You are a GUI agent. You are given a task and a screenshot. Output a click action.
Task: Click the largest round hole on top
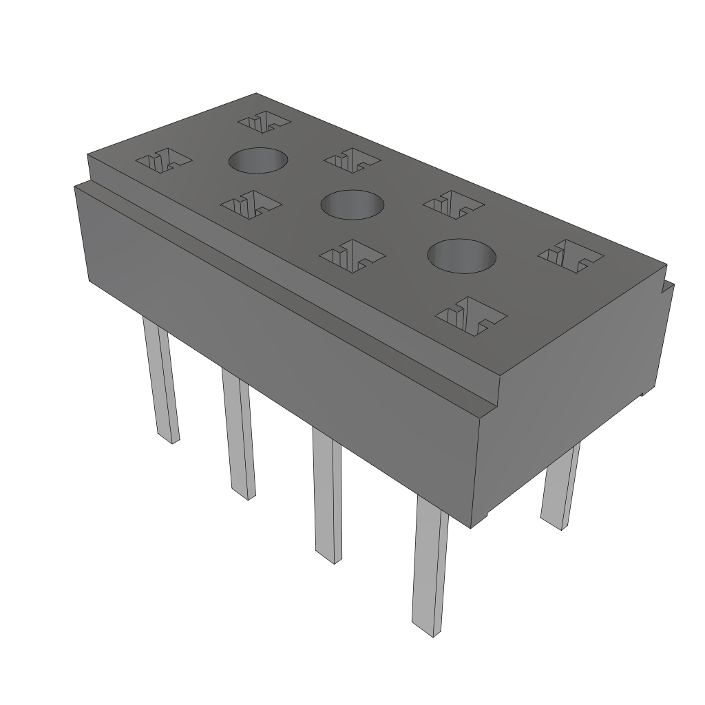[461, 255]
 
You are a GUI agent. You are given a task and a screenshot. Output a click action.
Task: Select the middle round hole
[352, 204]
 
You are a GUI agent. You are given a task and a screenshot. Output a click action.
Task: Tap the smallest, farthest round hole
[257, 160]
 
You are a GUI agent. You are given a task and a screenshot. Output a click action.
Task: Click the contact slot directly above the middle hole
[352, 161]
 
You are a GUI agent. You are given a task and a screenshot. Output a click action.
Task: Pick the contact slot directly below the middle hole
[352, 255]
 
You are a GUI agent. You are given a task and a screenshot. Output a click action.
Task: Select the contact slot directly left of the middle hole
[251, 204]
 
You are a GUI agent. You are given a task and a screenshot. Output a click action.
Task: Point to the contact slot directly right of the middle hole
[453, 204]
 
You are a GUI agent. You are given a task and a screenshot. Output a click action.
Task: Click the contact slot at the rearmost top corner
[264, 122]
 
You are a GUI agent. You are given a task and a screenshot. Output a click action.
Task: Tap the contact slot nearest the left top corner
[164, 161]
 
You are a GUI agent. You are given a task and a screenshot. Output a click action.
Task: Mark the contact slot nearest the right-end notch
[571, 255]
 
